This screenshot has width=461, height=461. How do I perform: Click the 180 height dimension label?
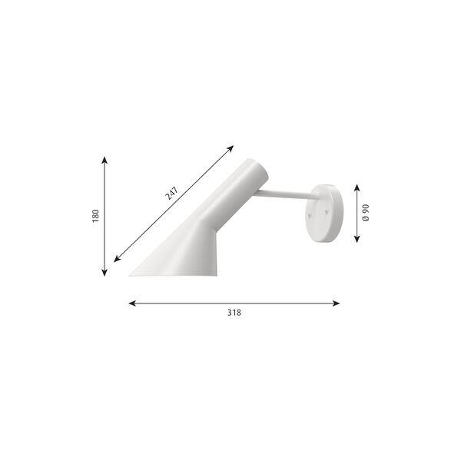tap(96, 216)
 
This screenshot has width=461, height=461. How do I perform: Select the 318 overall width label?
tap(234, 313)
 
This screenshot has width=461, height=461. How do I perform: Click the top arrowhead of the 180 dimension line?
tap(104, 159)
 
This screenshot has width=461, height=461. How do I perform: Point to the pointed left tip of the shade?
tap(131, 274)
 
